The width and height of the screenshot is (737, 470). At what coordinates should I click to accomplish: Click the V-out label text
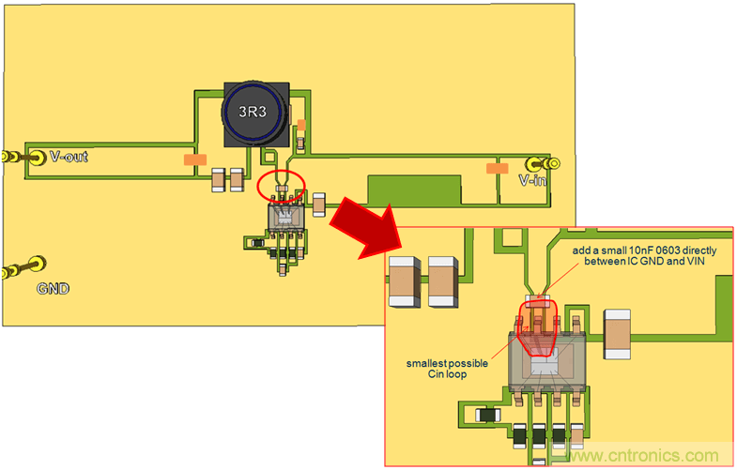[69, 157]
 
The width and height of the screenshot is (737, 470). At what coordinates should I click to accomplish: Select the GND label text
[54, 289]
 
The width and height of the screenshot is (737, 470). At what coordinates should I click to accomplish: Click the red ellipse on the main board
[281, 184]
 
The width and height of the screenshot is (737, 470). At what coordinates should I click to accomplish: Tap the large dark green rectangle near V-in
[414, 191]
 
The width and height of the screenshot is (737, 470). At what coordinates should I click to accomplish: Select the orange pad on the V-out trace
[195, 160]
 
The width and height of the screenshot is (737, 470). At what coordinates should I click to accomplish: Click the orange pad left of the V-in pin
[496, 168]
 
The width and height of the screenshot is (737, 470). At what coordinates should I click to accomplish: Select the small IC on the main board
[284, 219]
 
